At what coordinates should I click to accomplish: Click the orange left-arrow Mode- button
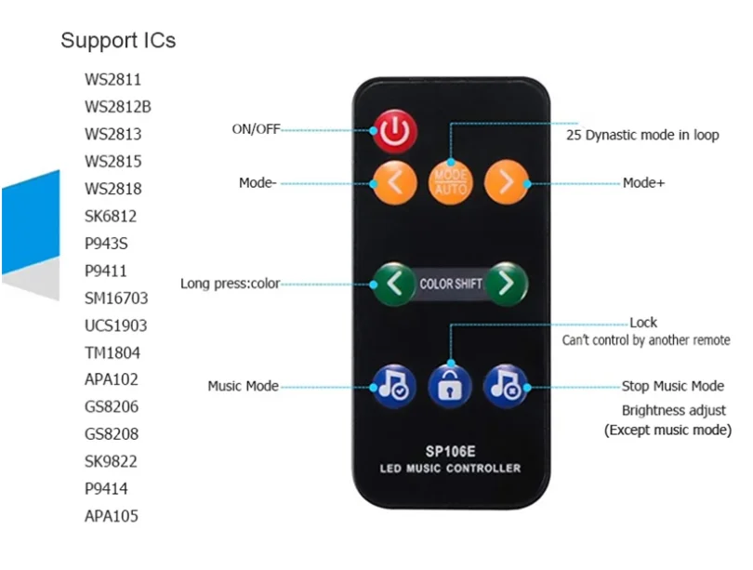pos(395,182)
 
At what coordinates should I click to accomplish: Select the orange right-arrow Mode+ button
pos(506,182)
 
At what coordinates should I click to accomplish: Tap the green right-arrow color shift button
pos(506,283)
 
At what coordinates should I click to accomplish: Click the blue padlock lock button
pos(451,383)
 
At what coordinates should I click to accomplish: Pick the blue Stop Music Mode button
pos(506,383)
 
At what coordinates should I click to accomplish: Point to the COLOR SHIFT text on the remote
pos(451,284)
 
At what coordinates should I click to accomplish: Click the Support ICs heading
pos(118,41)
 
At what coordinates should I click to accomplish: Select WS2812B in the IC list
pos(118,107)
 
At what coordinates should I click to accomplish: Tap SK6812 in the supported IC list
pos(112,217)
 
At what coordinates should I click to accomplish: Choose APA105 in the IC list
pos(112,516)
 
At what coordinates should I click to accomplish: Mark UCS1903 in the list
pos(115,325)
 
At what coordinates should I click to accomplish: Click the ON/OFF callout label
pos(256,129)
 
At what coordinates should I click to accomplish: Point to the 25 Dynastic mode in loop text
pos(643,135)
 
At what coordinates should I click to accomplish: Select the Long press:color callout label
pos(230,284)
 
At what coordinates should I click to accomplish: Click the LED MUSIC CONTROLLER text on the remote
pos(451,468)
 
